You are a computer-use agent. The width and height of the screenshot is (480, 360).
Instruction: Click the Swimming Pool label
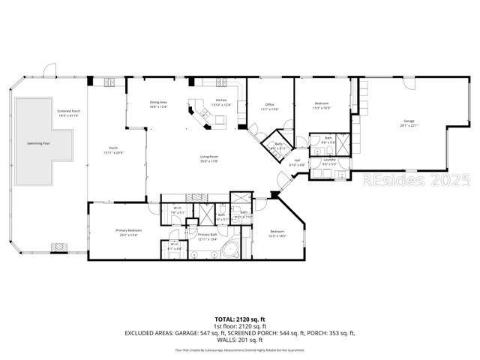point(39,142)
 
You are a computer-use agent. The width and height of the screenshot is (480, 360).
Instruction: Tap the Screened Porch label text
point(69,111)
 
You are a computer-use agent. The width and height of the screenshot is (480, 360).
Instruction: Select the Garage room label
point(409,121)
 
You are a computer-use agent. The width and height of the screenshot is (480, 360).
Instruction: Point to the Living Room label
point(208,156)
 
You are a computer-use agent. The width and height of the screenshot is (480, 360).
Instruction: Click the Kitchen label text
point(221,100)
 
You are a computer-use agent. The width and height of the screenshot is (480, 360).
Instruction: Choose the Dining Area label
point(158,102)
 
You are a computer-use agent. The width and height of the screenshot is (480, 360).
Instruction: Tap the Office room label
point(268,105)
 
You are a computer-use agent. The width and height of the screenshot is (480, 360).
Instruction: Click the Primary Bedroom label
point(129,230)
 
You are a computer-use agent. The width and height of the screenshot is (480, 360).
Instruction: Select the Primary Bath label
point(208,235)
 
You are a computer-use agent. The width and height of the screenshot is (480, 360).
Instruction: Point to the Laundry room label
point(328,159)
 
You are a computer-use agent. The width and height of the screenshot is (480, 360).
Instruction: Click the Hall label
point(296,160)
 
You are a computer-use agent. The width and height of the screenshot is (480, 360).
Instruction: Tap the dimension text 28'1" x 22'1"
point(409,126)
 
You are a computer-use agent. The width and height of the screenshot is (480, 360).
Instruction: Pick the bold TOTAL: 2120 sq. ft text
point(239,319)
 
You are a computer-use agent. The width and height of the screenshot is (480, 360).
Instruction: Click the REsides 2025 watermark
point(416,181)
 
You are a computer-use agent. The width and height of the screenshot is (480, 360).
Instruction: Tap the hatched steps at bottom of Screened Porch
point(58,247)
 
